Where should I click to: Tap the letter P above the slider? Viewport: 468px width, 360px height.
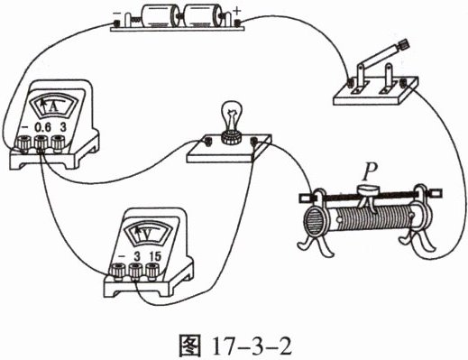click(369, 174)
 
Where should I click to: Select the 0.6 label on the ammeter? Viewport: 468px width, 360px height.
click(43, 128)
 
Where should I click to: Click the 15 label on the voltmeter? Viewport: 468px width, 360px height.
click(155, 256)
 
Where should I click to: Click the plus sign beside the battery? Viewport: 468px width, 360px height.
click(237, 12)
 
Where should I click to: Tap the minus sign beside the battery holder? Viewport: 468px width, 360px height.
click(115, 14)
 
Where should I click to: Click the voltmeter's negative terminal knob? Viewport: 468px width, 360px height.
click(118, 271)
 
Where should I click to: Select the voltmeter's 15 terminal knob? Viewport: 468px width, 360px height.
click(152, 270)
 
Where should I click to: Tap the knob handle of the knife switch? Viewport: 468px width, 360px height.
click(403, 45)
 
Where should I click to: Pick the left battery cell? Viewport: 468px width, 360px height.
click(158, 16)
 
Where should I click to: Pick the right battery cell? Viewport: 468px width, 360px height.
click(200, 16)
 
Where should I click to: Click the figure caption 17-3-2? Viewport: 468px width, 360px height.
click(252, 347)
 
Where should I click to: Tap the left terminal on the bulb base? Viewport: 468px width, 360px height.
click(207, 142)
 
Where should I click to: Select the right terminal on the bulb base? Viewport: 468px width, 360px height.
click(254, 141)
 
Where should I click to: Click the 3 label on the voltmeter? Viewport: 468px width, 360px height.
click(137, 256)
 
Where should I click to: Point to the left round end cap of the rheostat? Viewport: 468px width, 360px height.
click(313, 223)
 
